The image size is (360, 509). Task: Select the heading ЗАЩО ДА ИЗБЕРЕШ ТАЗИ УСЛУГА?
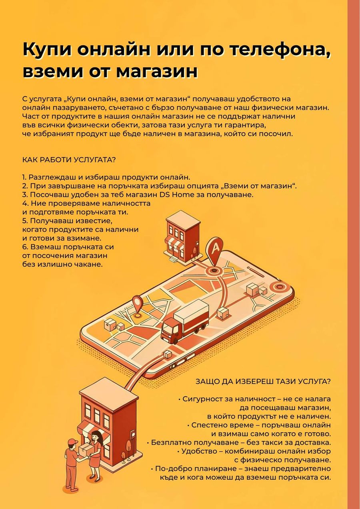(x=263, y=381)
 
